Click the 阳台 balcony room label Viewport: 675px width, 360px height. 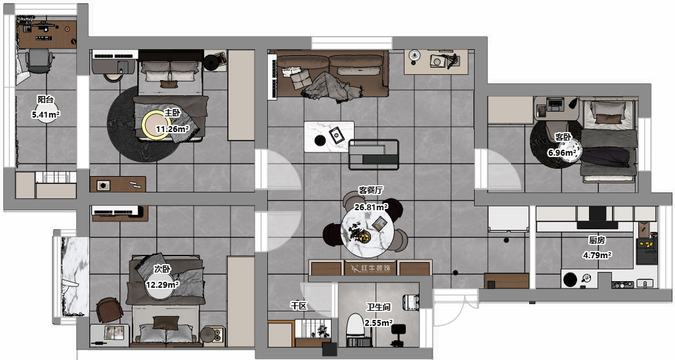[45, 99]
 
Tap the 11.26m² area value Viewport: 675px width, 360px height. [173, 129]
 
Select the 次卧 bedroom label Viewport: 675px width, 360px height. [162, 269]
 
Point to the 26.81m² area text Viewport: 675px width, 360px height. [371, 207]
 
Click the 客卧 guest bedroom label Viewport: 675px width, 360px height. [563, 137]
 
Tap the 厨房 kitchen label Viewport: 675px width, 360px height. [597, 240]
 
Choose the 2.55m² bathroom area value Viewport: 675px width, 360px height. [378, 323]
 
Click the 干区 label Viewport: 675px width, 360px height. [299, 305]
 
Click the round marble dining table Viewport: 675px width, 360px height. [367, 235]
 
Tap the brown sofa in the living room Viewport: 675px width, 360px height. [332, 74]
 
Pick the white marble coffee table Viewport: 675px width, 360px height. [329, 137]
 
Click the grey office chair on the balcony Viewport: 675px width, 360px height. [39, 60]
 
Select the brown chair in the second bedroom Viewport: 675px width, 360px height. [110, 310]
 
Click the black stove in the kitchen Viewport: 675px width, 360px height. [647, 251]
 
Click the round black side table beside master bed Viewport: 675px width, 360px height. [211, 63]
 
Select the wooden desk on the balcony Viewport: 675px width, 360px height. [47, 34]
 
